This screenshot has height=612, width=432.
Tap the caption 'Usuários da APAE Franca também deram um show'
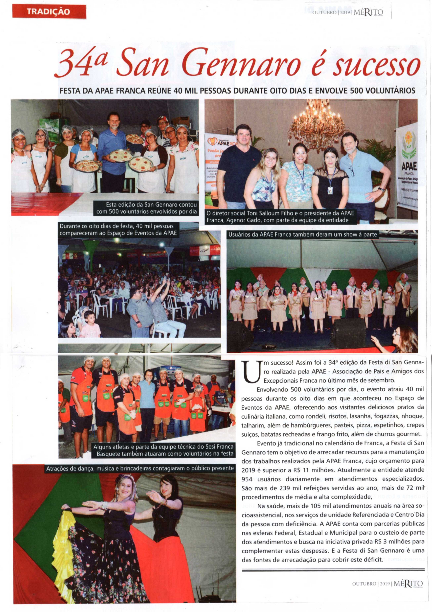point(302,235)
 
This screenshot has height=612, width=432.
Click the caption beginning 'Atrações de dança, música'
point(140,468)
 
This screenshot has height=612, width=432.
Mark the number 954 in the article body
point(247,479)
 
